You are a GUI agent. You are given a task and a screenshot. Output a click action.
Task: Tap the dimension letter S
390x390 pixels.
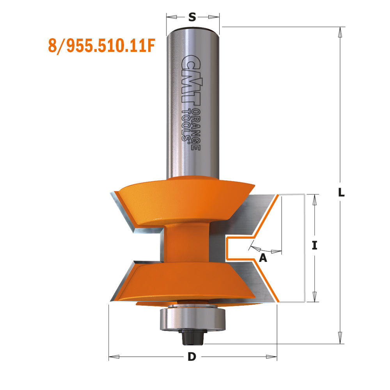(x=192, y=17)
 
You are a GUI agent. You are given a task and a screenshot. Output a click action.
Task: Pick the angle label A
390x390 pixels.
(x=263, y=258)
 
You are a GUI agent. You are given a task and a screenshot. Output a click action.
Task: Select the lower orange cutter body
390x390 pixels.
(x=183, y=281)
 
